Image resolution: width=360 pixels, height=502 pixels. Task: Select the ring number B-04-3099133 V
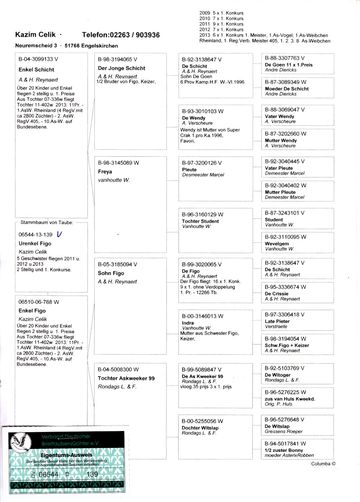pos(38,59)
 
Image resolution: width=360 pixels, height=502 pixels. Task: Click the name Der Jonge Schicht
pos(122,68)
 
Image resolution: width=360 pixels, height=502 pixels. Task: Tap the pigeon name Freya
pos(105,172)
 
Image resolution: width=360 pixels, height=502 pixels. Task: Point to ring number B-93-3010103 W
pos(203,112)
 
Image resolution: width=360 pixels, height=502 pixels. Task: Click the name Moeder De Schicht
pos(286,89)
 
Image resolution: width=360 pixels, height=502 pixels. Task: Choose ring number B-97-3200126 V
pos(202,163)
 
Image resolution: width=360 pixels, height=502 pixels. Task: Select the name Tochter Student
pos(200,221)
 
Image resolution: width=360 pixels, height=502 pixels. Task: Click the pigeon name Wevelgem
pos(277,244)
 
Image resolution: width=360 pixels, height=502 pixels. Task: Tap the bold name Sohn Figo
pos(111,273)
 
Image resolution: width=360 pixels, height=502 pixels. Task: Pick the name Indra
pos(188,323)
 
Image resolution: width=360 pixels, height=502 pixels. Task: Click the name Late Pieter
pos(277,322)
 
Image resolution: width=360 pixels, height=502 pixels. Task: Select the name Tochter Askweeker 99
pos(126,378)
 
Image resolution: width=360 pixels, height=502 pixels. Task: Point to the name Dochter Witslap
pos(200,428)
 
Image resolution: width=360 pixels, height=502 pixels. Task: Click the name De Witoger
pos(278,375)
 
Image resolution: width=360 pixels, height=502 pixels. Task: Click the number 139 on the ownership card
pos(92,474)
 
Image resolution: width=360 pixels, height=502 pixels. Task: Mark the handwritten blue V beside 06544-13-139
pos(59,234)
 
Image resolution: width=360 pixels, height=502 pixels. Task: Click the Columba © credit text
pos(323,464)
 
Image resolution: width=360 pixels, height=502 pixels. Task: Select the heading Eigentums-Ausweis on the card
pos(66,455)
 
